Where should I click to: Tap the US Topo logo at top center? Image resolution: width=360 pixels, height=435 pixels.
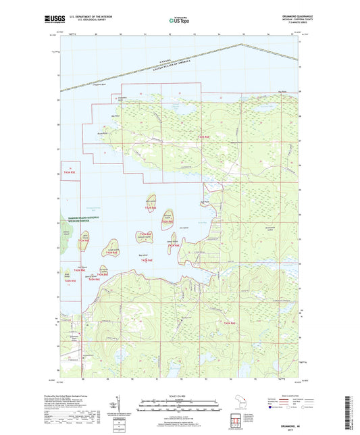(179, 21)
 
